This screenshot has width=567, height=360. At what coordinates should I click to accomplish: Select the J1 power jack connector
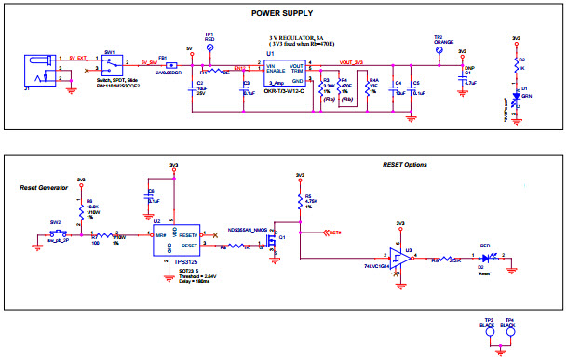[36, 69]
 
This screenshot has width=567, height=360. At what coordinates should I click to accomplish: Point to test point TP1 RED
[210, 46]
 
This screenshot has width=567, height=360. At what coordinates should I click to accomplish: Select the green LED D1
[517, 94]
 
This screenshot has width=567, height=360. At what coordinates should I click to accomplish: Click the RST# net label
[334, 232]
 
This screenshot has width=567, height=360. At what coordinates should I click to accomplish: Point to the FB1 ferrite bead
[171, 65]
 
